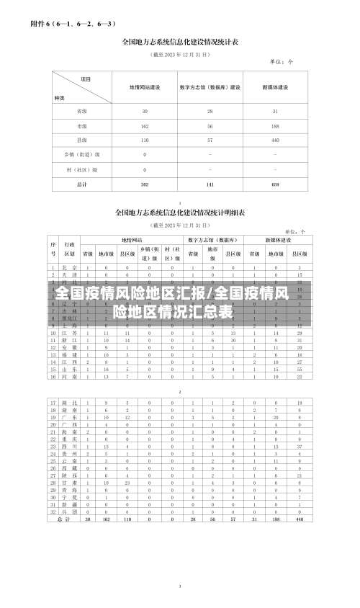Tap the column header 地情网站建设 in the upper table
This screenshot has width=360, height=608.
[x=145, y=87]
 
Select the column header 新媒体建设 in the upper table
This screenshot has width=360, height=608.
[x=275, y=87]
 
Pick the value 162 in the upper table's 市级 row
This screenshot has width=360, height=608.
[x=145, y=126]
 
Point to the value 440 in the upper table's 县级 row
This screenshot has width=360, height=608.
[x=275, y=140]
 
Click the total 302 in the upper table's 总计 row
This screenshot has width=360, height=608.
[x=145, y=184]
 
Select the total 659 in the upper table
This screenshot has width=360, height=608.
[x=275, y=184]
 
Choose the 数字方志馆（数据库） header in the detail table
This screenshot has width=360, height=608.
[x=214, y=239]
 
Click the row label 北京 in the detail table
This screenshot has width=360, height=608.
[x=70, y=267]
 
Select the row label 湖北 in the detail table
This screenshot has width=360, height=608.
[x=70, y=402]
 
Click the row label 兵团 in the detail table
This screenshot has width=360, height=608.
[x=70, y=512]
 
